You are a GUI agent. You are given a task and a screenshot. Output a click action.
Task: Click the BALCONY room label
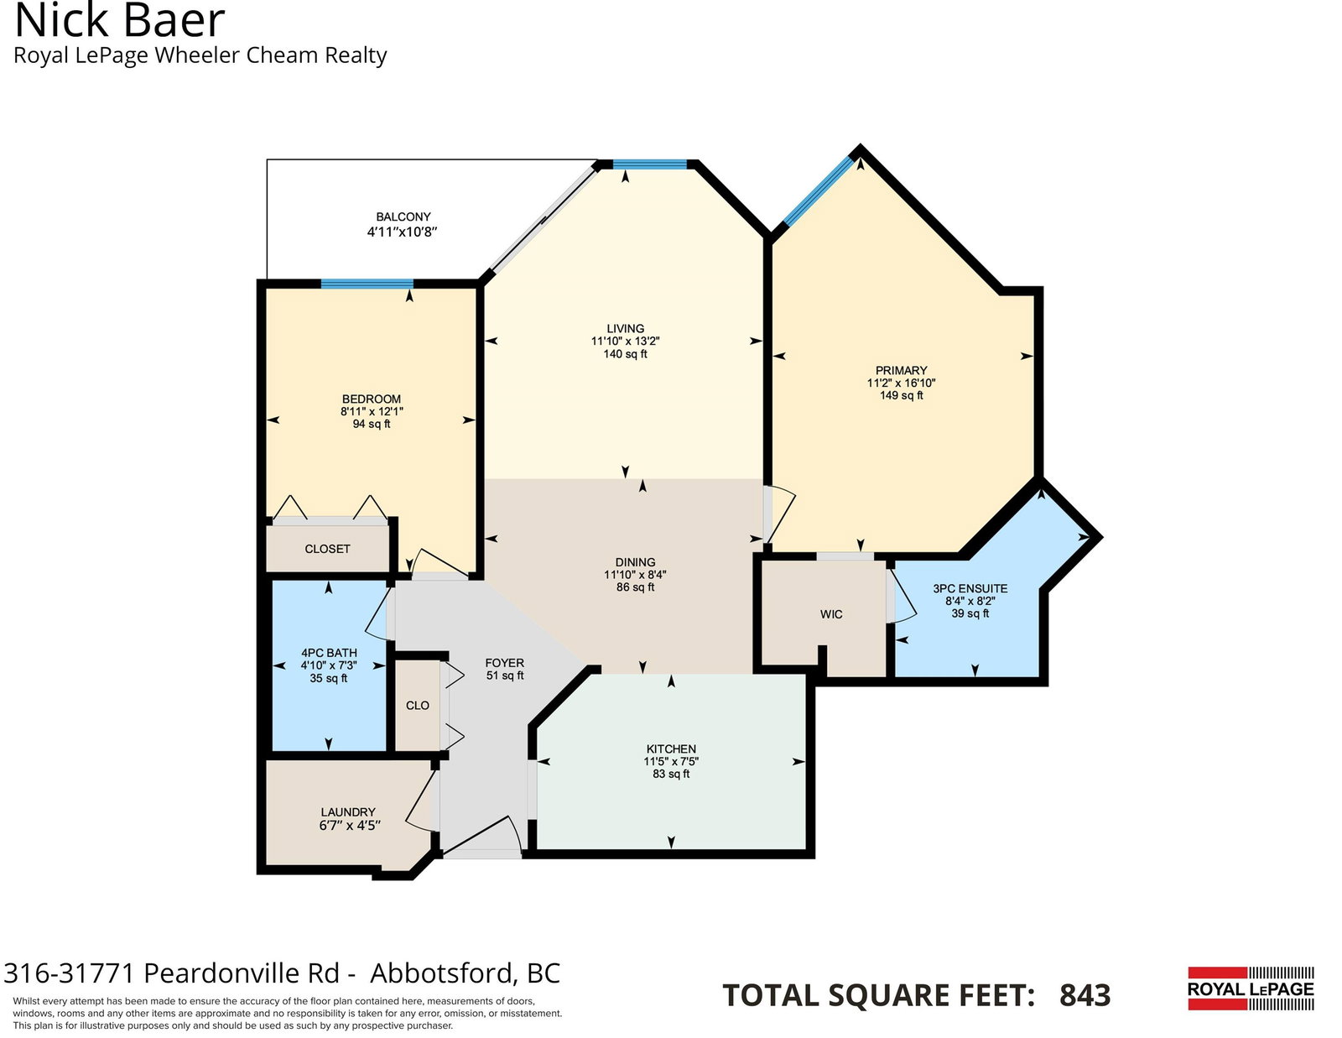pyautogui.click(x=403, y=216)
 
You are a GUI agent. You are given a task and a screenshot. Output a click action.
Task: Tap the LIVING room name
pyautogui.click(x=625, y=329)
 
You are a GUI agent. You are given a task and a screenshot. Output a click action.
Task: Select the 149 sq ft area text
pyautogui.click(x=901, y=395)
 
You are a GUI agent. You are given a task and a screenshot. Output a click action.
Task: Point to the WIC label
pyautogui.click(x=830, y=614)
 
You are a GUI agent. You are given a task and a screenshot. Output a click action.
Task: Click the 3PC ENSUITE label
pyautogui.click(x=970, y=589)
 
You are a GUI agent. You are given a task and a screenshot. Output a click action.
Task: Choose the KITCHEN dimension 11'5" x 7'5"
pyautogui.click(x=671, y=762)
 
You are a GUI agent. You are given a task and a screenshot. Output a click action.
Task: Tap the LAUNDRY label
pyautogui.click(x=348, y=812)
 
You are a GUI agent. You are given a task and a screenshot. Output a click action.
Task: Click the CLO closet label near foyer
pyautogui.click(x=418, y=706)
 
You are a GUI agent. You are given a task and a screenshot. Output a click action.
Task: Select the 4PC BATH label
pyautogui.click(x=329, y=653)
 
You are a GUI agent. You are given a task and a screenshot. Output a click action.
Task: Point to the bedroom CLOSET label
pyautogui.click(x=327, y=549)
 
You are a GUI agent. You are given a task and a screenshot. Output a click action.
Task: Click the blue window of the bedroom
pyautogui.click(x=367, y=284)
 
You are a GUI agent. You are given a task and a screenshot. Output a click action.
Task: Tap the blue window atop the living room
pyautogui.click(x=650, y=164)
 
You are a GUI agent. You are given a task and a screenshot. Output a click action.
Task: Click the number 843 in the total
pyautogui.click(x=1085, y=995)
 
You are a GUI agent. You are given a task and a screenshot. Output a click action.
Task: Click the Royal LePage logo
pyautogui.click(x=1251, y=988)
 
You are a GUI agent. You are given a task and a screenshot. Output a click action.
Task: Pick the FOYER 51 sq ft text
pyautogui.click(x=505, y=669)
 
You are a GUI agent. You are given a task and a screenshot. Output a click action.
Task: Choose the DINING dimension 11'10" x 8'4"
pyautogui.click(x=635, y=575)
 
